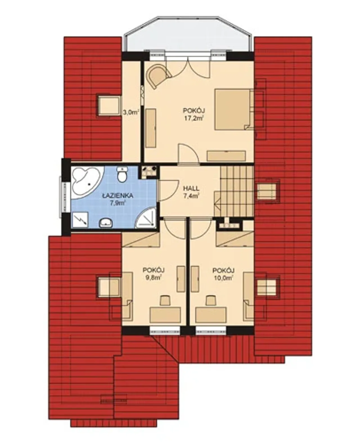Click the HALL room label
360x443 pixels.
point(191,189)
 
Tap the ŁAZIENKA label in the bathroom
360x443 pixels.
point(118,196)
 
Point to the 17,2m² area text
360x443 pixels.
point(194,119)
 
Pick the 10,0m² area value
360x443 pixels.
point(223,277)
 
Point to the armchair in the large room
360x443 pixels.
point(159,76)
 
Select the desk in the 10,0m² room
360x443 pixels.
point(211,315)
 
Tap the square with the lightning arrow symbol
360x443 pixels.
point(80,220)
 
